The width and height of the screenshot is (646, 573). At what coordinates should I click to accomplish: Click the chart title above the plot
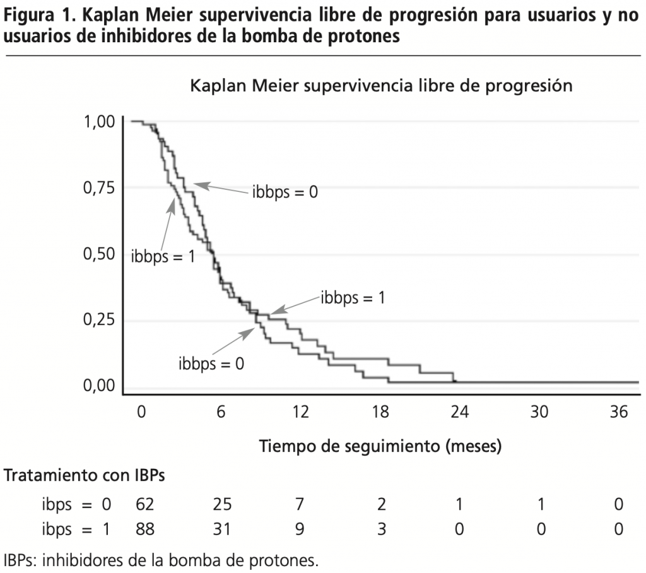381,86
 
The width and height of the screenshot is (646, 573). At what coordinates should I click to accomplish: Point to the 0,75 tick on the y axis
100,188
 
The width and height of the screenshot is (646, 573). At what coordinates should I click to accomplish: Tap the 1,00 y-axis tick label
100,121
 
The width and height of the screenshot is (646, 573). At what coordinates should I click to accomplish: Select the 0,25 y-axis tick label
100,321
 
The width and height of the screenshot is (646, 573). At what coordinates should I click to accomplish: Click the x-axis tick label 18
380,412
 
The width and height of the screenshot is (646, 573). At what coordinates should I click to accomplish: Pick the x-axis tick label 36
620,412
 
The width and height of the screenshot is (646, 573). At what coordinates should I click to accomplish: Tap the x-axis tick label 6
221,412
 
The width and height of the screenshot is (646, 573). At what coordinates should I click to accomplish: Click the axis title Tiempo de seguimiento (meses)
380,447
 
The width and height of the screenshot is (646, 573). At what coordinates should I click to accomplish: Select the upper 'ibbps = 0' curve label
285,191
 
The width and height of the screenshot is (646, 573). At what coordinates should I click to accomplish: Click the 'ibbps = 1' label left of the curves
163,256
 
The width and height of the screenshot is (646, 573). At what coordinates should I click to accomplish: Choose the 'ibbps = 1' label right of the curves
353,297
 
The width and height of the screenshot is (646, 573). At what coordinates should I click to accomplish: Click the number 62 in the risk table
145,504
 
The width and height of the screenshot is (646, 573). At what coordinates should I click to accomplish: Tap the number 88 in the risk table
145,528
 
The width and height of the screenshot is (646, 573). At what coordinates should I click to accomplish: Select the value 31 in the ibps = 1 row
222,528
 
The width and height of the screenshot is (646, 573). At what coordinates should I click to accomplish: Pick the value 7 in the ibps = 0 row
300,504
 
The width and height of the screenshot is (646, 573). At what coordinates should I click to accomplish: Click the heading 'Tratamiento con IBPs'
85,476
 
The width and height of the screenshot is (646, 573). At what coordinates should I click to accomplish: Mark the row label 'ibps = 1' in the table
76,528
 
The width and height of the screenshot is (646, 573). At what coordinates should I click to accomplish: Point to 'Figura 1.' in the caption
40,15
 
